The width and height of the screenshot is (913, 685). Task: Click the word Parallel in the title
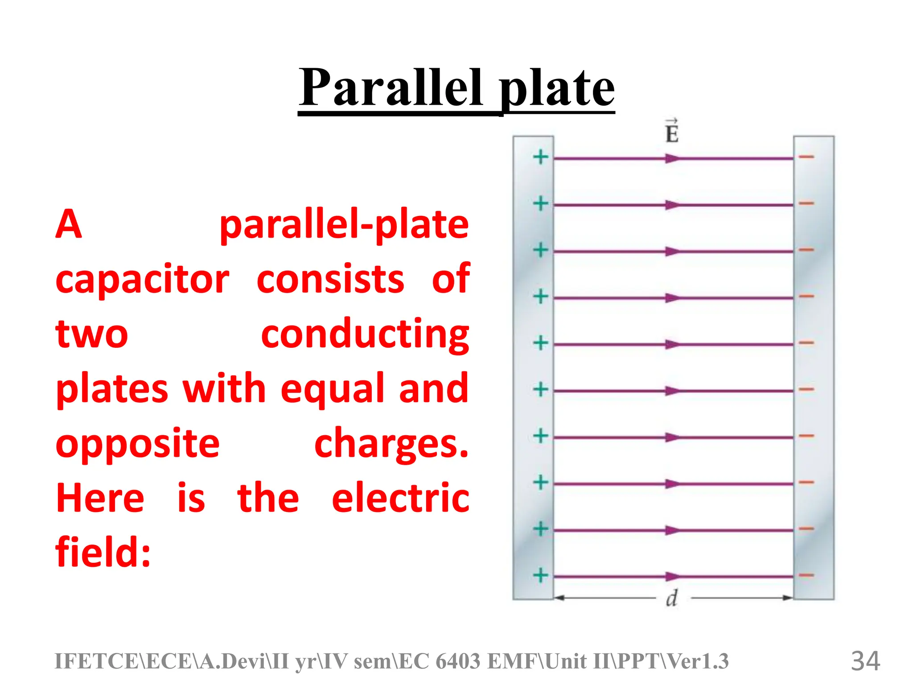pyautogui.click(x=391, y=88)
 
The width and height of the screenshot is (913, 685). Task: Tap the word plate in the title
pyautogui.click(x=557, y=89)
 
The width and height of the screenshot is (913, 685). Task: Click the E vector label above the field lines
pyautogui.click(x=672, y=132)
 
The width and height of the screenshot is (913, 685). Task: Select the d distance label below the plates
pyautogui.click(x=672, y=598)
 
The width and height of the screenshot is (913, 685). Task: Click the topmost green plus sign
pyautogui.click(x=541, y=157)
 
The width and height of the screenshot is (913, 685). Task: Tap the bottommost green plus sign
pyautogui.click(x=541, y=575)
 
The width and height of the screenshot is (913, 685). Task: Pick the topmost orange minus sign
pyautogui.click(x=806, y=157)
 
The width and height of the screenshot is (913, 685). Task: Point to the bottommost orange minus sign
pyautogui.click(x=806, y=575)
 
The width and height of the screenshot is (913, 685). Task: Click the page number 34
pyautogui.click(x=865, y=661)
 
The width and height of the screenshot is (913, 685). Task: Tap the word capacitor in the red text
pyautogui.click(x=142, y=280)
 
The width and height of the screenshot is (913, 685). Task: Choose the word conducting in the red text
pyautogui.click(x=365, y=334)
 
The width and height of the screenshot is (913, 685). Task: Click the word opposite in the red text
pyautogui.click(x=138, y=444)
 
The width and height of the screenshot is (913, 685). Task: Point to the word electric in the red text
pyautogui.click(x=400, y=498)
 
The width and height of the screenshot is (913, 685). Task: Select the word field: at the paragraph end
pyautogui.click(x=103, y=552)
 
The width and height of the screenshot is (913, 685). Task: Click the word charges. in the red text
pyautogui.click(x=391, y=444)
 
